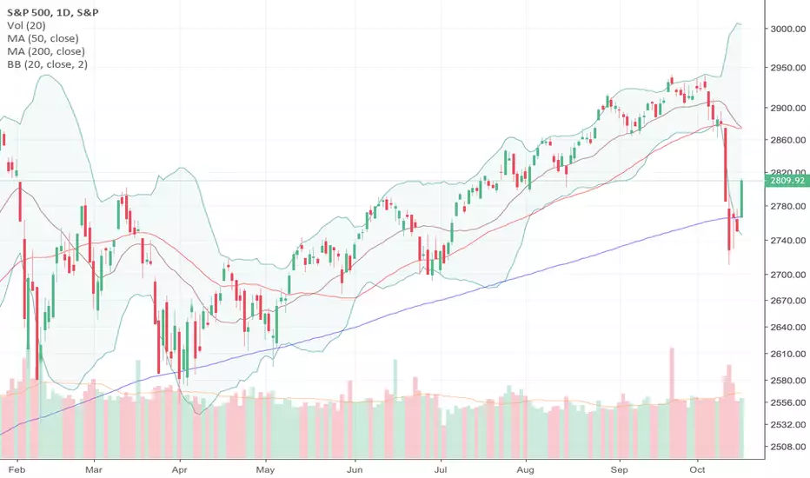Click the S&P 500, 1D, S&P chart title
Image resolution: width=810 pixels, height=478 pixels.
click(x=53, y=12)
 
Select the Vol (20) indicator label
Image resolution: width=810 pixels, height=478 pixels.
click(x=26, y=25)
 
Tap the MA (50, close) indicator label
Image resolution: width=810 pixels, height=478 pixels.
click(x=43, y=38)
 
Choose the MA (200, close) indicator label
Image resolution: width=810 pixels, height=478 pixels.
click(x=46, y=51)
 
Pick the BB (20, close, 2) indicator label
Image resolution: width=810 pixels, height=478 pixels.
click(x=47, y=64)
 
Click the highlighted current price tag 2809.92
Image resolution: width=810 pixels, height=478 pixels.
click(x=787, y=181)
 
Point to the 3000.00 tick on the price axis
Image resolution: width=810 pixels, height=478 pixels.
click(x=787, y=29)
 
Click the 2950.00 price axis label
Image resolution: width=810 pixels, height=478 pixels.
click(x=787, y=68)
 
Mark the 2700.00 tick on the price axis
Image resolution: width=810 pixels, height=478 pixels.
click(x=787, y=275)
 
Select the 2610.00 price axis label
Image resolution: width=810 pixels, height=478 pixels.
click(x=787, y=354)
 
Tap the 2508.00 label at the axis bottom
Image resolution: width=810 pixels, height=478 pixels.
click(x=787, y=447)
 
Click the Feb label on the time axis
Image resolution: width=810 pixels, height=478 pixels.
click(x=17, y=469)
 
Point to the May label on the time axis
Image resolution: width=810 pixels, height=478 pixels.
click(x=265, y=469)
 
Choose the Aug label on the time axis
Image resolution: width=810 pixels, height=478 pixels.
click(x=525, y=469)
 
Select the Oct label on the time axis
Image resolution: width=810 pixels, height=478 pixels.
click(x=697, y=469)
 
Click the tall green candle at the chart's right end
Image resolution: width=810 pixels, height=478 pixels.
click(x=742, y=198)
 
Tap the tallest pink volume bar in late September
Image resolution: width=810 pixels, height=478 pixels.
click(x=672, y=403)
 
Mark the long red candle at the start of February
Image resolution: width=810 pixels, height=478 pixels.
click(x=20, y=202)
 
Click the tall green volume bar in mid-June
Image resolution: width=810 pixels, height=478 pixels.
click(x=395, y=408)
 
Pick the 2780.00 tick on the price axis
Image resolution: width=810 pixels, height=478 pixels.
click(x=787, y=206)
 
